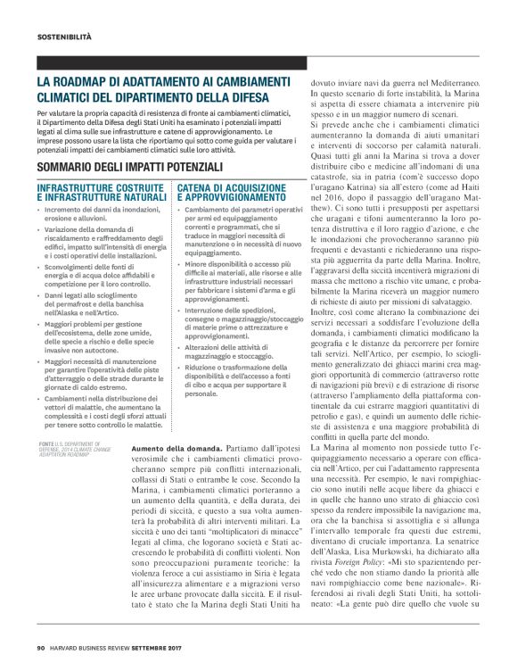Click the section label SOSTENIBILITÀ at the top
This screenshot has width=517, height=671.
(x=64, y=37)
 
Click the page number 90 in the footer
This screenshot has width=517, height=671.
(x=41, y=647)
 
